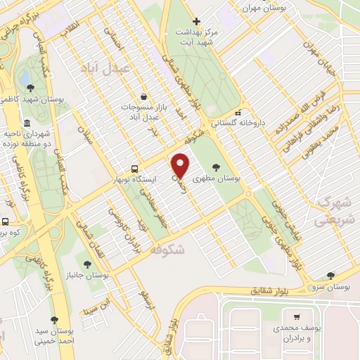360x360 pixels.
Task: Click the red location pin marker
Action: (x=181, y=165)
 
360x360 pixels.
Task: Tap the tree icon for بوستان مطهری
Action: (x=214, y=167)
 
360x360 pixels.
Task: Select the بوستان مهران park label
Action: (x=261, y=8)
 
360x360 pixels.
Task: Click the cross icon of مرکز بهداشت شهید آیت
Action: (x=196, y=21)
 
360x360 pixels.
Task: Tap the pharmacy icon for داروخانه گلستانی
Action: (x=238, y=112)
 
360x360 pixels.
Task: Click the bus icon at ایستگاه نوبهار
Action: (x=134, y=169)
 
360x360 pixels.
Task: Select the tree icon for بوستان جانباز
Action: (x=87, y=264)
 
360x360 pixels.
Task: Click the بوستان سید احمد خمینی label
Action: (x=56, y=335)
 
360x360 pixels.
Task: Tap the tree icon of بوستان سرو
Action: (x=330, y=276)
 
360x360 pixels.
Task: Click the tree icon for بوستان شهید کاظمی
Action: (x=30, y=88)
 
